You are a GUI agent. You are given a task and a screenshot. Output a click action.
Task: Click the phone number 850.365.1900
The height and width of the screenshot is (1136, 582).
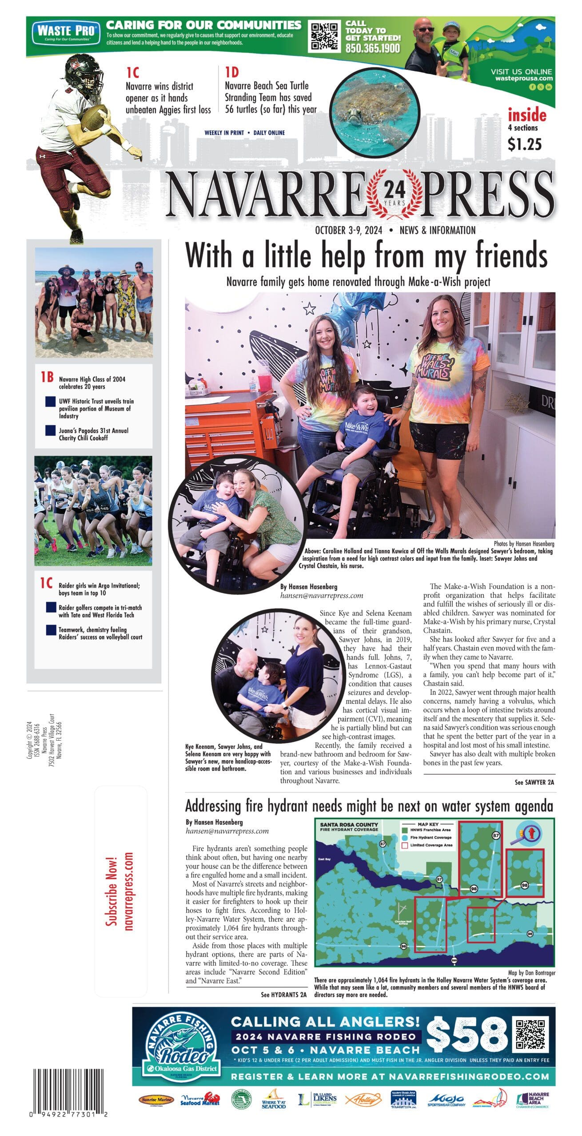[x=373, y=48]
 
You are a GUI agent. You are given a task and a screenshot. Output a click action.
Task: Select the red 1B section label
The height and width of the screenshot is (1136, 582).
[x=47, y=377]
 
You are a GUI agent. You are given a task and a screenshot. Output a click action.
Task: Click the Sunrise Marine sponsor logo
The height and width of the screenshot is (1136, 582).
[x=156, y=1100]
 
